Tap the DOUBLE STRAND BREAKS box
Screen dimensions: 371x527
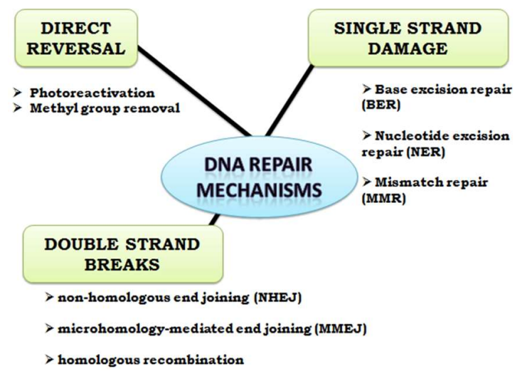point(122,254)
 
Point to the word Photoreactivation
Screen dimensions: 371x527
point(92,93)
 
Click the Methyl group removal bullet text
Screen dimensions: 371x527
point(105,108)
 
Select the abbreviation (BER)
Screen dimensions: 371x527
point(376,104)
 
